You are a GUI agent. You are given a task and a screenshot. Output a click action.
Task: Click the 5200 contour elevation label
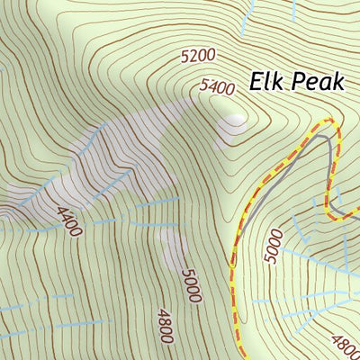click(198, 56)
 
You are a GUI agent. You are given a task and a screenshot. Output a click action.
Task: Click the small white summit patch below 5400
click(236, 118)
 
